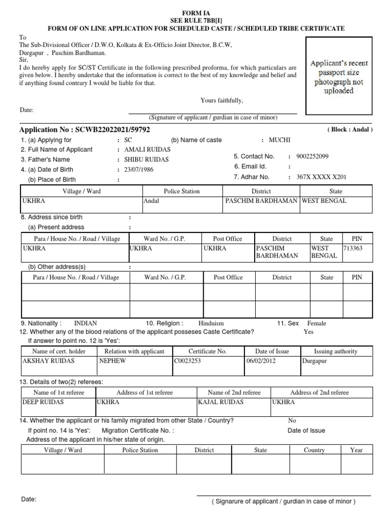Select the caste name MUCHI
(x=279, y=140)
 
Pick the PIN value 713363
(x=353, y=248)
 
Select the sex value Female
(x=316, y=323)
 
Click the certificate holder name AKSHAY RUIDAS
(x=48, y=361)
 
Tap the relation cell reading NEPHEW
(x=112, y=361)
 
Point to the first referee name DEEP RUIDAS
(x=43, y=402)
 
